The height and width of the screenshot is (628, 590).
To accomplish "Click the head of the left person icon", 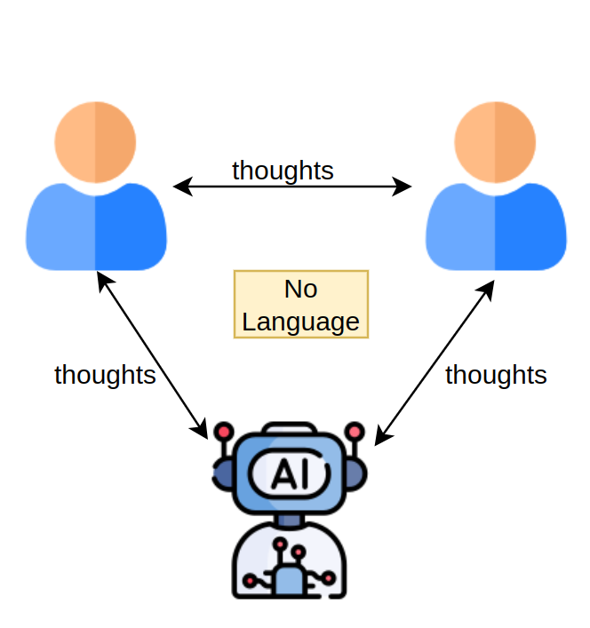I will pos(95,142).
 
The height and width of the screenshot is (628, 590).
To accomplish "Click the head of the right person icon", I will pos(495,142).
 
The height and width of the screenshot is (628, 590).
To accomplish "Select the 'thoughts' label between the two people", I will pos(283,170).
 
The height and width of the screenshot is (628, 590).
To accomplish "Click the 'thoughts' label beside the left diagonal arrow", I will pos(105,375).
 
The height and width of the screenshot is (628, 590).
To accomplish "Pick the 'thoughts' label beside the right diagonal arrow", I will pos(496,375).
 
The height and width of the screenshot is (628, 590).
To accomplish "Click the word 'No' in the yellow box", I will pos(300,290).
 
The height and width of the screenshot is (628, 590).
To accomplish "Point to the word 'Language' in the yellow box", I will pos(300,322).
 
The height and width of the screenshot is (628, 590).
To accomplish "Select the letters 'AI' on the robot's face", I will pos(288,473).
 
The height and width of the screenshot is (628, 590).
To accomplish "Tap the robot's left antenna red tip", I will pos(223,432).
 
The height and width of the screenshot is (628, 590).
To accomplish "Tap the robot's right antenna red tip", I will pos(355,432).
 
